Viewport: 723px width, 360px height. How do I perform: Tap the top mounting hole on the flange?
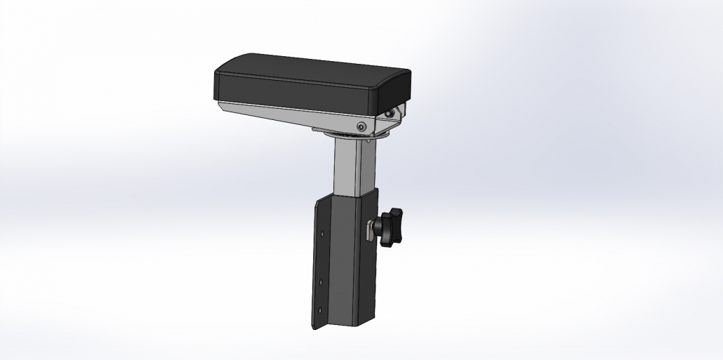[321, 234]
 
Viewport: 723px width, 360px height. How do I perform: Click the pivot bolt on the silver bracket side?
[361, 126]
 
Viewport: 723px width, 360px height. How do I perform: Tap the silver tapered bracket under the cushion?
[295, 113]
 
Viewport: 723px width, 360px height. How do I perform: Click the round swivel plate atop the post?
[351, 135]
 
